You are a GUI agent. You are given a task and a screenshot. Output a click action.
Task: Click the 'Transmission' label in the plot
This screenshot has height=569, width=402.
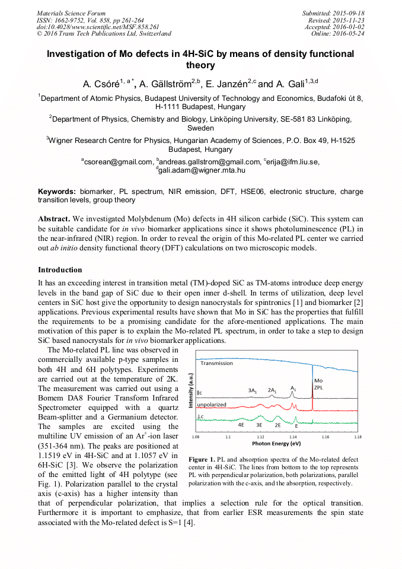coord(216,363)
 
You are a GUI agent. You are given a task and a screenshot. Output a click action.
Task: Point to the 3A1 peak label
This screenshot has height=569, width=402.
coord(252,390)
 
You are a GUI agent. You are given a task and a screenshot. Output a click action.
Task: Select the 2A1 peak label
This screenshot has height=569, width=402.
coord(272,390)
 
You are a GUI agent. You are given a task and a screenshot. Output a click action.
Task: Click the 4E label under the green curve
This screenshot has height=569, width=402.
coord(241,425)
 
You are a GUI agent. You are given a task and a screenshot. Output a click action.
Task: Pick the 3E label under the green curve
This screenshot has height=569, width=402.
coord(259,425)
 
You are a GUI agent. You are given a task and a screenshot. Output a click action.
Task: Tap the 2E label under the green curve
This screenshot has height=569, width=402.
coord(277,425)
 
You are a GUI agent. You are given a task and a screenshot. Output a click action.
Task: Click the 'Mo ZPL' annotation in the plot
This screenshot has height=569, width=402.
coord(318,384)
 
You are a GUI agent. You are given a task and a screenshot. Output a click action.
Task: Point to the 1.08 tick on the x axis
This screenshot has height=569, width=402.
coord(195,437)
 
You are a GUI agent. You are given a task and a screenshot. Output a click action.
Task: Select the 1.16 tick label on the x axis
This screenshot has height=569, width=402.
coord(325,437)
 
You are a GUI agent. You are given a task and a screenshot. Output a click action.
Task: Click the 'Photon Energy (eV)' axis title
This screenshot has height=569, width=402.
coord(276,443)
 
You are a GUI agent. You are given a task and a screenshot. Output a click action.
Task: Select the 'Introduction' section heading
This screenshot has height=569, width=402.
coord(60,270)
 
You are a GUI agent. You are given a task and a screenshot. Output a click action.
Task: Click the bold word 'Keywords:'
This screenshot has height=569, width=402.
coord(57,192)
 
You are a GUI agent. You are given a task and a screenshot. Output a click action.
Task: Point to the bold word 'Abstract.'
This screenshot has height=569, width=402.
coord(55,218)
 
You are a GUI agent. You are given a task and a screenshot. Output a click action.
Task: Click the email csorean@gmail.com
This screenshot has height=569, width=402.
coord(117,161)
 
